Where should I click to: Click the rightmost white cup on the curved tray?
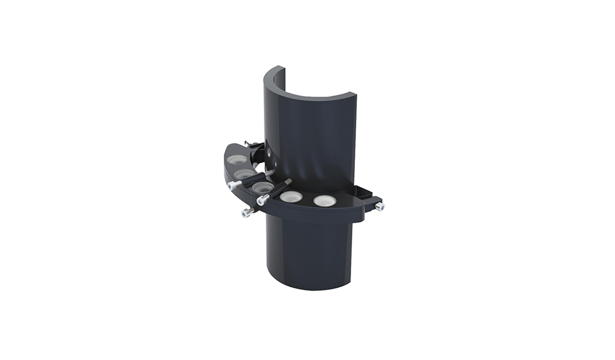[324, 201]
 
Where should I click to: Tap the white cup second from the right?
[292, 198]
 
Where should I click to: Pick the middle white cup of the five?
[263, 186]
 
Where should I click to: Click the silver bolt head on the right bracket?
[380, 207]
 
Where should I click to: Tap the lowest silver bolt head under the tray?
[247, 213]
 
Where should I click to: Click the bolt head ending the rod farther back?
[233, 185]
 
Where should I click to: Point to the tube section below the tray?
[307, 252]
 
